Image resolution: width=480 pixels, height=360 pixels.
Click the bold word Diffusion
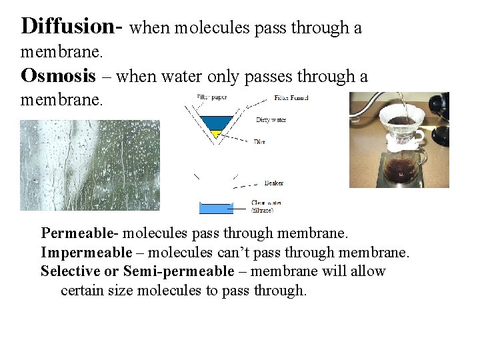[x=67, y=26]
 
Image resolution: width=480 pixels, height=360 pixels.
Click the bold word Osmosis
[x=59, y=75]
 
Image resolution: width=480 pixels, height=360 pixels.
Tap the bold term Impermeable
[x=86, y=253]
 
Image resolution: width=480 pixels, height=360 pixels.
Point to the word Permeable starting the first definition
[x=77, y=233]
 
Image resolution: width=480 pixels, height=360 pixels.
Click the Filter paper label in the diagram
[x=212, y=98]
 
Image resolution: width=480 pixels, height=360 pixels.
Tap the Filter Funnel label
[x=291, y=98]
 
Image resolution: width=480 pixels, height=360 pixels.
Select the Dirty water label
[x=271, y=120]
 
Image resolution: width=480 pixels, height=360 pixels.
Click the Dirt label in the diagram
[x=260, y=142]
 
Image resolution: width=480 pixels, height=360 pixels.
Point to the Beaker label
[x=274, y=183]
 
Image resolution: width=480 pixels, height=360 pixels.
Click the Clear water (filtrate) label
[x=266, y=206]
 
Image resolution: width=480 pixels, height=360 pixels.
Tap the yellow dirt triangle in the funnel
[x=215, y=134]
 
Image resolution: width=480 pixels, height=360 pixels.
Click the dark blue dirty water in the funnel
[x=217, y=123]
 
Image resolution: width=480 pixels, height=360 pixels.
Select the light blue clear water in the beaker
[x=216, y=209]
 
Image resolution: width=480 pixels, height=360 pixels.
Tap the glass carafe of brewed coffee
[x=403, y=167]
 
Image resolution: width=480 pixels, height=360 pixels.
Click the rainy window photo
[x=90, y=165]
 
